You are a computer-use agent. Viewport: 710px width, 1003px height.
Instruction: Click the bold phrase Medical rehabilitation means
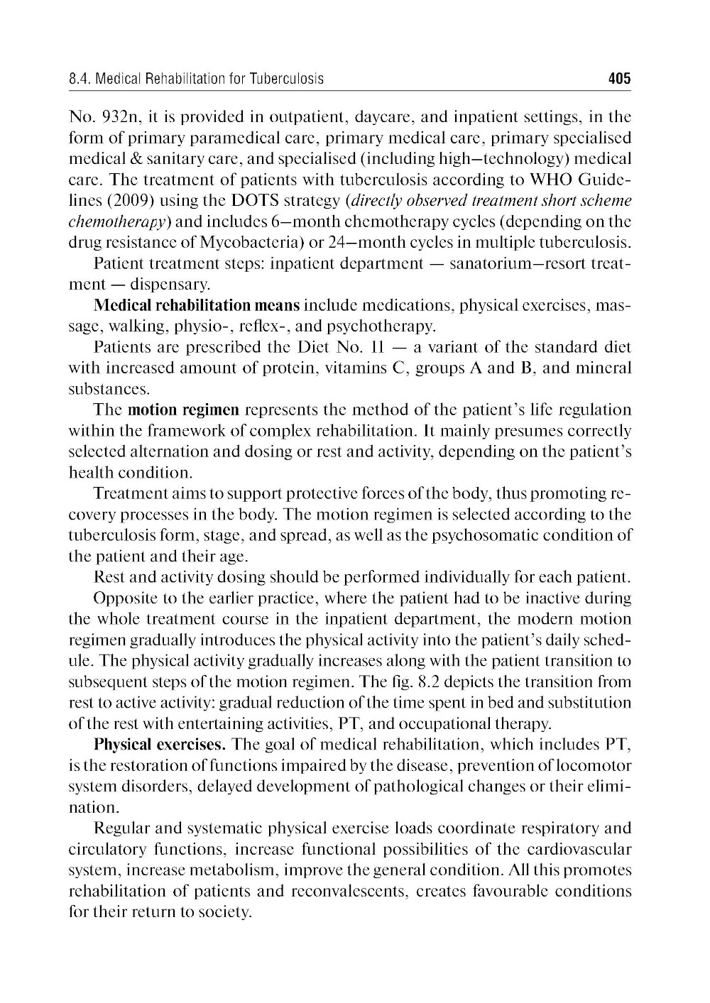tap(197, 306)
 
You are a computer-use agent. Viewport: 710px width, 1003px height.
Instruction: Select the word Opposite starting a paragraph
tap(122, 598)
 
